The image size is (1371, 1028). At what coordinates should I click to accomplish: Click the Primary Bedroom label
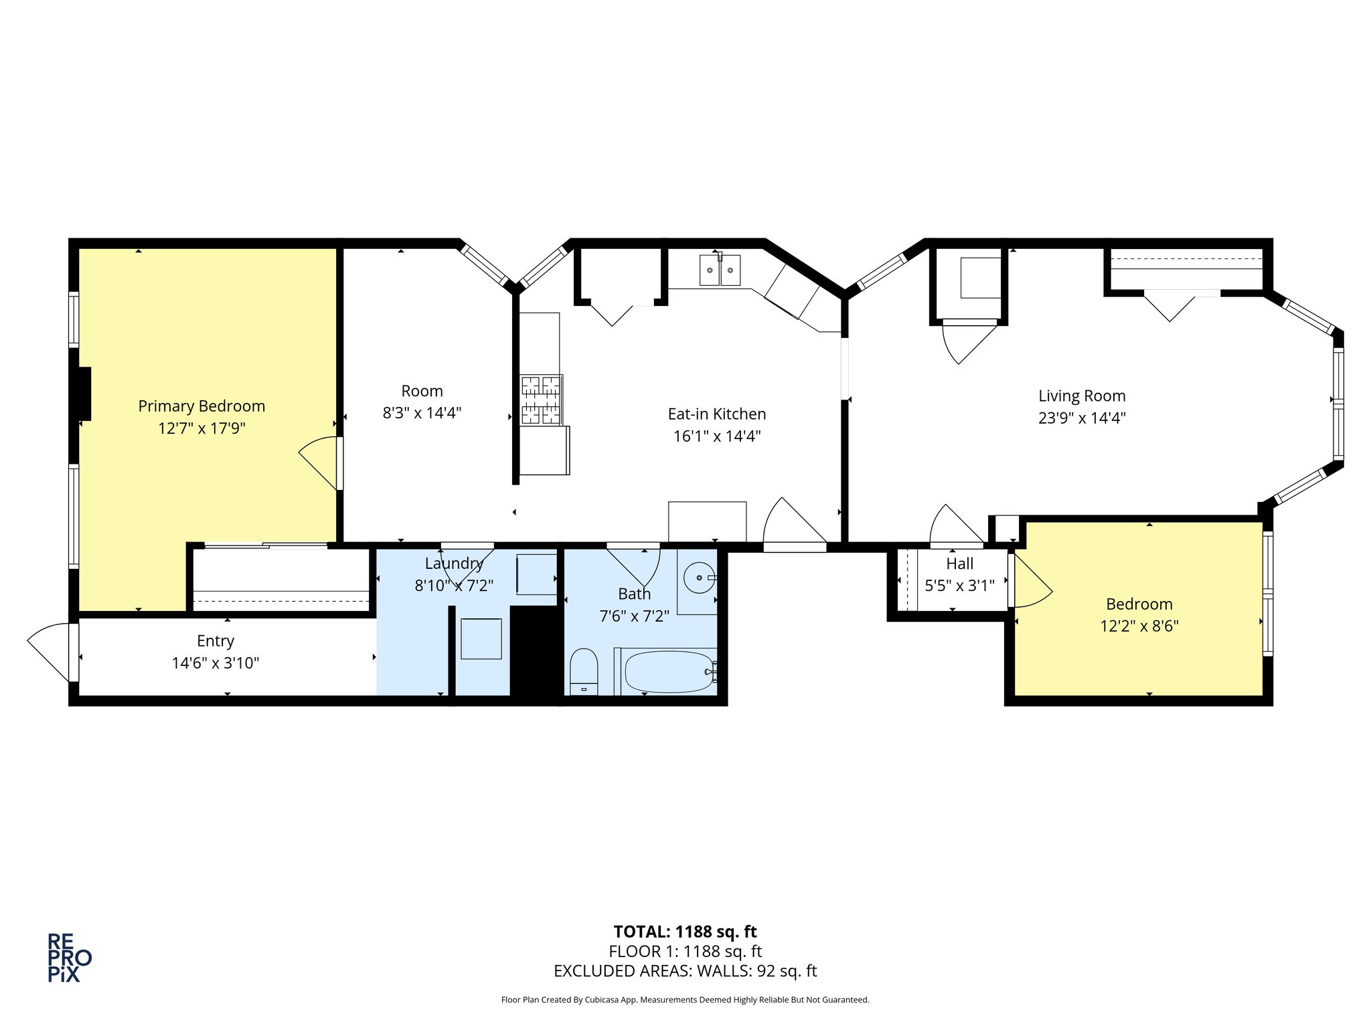click(201, 406)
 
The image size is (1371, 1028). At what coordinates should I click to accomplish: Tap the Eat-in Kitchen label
click(717, 414)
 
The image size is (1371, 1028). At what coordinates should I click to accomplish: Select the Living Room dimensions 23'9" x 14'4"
click(1082, 418)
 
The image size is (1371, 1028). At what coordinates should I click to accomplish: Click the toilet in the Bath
click(584, 671)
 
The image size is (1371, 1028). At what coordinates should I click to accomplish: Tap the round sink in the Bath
click(700, 578)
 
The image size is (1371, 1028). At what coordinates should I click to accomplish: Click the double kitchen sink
click(720, 270)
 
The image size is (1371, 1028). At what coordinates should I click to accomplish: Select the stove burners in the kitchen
click(541, 400)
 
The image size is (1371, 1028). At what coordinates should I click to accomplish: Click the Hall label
click(960, 564)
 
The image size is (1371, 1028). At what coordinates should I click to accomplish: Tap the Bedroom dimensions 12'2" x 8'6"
click(1139, 626)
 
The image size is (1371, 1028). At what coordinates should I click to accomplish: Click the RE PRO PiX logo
click(69, 958)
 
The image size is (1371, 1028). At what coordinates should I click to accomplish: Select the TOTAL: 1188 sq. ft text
click(685, 932)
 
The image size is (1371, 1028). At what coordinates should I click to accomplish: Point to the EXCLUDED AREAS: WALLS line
click(685, 971)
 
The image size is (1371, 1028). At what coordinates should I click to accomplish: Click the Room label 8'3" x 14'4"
click(422, 402)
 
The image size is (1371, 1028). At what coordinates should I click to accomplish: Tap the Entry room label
click(216, 641)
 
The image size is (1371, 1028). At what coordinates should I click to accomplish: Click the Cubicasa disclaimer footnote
click(685, 1000)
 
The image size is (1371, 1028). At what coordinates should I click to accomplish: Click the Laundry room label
click(454, 564)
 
